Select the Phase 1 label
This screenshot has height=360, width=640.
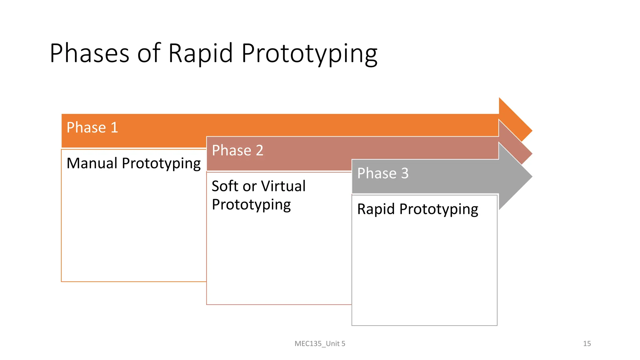pos(92,127)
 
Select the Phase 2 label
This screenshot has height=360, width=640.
pos(237,150)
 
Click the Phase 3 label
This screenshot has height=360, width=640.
pos(383,173)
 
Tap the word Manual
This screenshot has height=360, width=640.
pos(92,163)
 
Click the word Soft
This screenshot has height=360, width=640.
pos(225,186)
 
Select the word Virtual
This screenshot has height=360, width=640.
pos(283,186)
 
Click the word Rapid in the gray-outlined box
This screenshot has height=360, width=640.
pos(376,209)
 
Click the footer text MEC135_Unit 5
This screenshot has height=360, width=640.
pos(320,343)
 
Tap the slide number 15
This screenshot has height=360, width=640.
pos(587,343)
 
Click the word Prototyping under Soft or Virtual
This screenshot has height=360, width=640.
pos(251,205)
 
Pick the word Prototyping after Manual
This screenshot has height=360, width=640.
pos(161,164)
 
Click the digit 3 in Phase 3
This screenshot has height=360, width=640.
pos(405,173)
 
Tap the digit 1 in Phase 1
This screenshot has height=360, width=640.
pos(114,127)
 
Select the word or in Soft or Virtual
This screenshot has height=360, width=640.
pos(249,187)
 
